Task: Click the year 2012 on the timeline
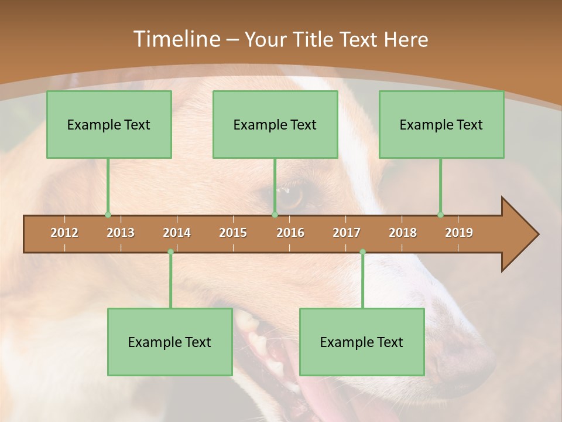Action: [64, 233]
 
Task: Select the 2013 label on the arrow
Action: [121, 233]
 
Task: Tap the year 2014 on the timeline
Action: [177, 233]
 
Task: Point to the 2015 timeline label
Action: [233, 233]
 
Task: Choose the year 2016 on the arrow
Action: [290, 233]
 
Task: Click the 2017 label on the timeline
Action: [347, 233]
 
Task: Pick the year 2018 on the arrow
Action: [403, 233]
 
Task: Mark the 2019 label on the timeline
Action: [459, 233]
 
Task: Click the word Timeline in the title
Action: [175, 39]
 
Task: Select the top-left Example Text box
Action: [109, 124]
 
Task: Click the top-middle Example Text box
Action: [275, 124]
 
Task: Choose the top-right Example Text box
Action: [441, 124]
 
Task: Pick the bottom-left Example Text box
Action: [170, 342]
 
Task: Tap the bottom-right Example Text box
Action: [362, 342]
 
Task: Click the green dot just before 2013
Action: [108, 215]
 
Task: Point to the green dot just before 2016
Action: [275, 215]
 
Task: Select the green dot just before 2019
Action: [440, 215]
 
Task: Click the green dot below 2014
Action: [170, 251]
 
